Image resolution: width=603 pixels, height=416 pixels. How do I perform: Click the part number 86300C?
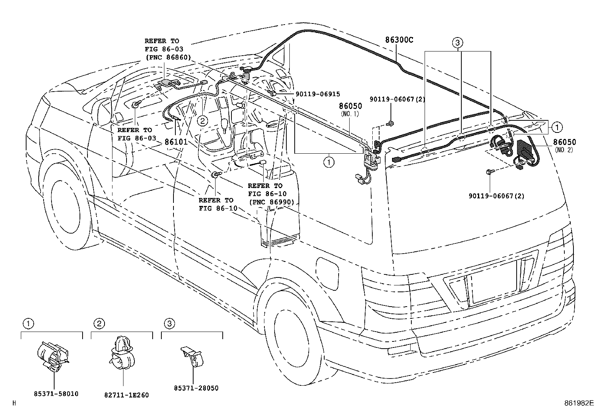pos(399,40)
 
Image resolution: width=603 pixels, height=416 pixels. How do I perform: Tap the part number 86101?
pos(176,142)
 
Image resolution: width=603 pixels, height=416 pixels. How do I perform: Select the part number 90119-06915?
pos(318,94)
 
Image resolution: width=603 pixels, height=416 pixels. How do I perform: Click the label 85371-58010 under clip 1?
pos(56,394)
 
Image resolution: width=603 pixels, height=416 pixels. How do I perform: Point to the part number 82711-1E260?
pos(127,395)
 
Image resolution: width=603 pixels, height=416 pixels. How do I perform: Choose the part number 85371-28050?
pos(196,388)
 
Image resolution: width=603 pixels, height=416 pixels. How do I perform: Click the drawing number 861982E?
pos(579,403)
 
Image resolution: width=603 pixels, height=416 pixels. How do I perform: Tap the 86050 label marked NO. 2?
pos(564,142)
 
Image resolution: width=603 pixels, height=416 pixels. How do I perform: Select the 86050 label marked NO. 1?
pos(350,106)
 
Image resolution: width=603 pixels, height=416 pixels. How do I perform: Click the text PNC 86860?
pos(168,57)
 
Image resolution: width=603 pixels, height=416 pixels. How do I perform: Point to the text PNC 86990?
pos(271,202)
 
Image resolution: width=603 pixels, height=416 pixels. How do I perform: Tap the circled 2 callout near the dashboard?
pos(202,121)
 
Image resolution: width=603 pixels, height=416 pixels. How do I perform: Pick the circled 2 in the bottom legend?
pos(99,323)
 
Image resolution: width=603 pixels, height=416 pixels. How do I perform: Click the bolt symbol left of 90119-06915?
pos(272,93)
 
